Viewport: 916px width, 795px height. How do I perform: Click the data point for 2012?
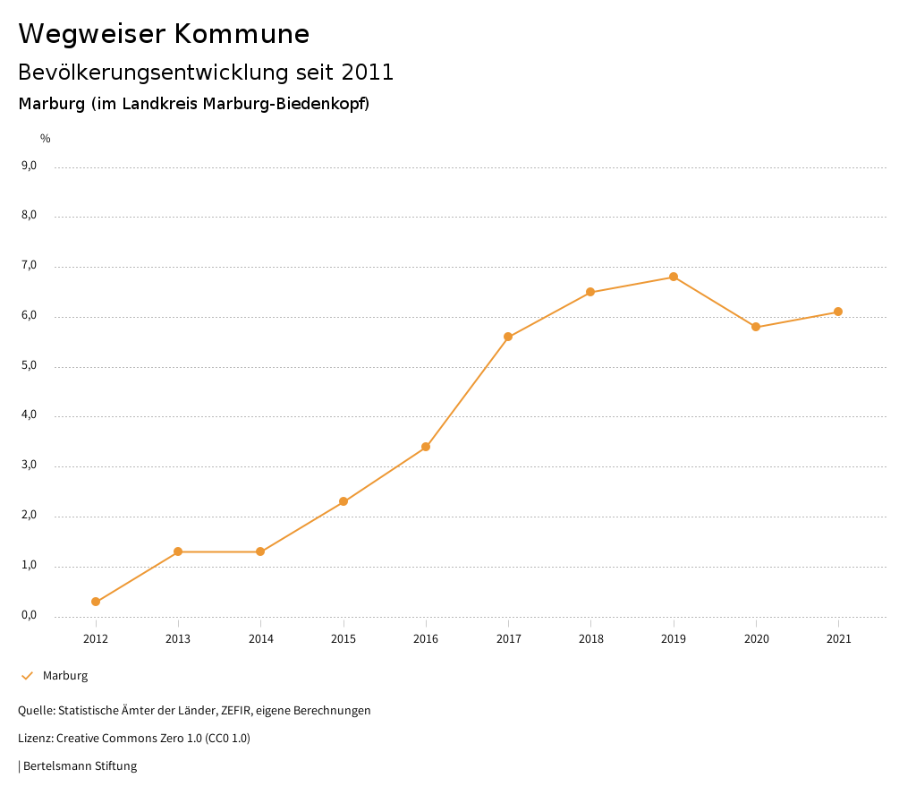pyautogui.click(x=96, y=602)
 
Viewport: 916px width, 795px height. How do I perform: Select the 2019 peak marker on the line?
pyautogui.click(x=674, y=277)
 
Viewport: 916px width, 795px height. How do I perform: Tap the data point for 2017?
pyautogui.click(x=508, y=337)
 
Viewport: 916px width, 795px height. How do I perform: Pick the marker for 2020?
pyautogui.click(x=756, y=327)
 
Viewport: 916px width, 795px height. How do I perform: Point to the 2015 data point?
pyautogui.click(x=343, y=501)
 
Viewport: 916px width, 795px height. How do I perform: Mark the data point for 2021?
pyautogui.click(x=838, y=312)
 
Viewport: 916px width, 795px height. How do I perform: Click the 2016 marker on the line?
pyautogui.click(x=426, y=447)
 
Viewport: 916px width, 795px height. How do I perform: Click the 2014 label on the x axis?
pyautogui.click(x=261, y=639)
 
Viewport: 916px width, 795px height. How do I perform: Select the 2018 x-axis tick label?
pyautogui.click(x=591, y=639)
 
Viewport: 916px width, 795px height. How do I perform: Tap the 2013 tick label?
pyautogui.click(x=178, y=639)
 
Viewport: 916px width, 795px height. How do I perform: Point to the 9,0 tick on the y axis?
pyautogui.click(x=29, y=166)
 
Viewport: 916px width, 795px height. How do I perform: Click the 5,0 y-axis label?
pyautogui.click(x=29, y=365)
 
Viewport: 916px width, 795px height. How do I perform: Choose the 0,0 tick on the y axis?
pyautogui.click(x=29, y=615)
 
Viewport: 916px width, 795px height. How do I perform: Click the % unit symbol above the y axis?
pyautogui.click(x=46, y=139)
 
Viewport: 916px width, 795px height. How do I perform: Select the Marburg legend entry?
pyautogui.click(x=65, y=676)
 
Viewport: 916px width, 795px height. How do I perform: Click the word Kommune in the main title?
pyautogui.click(x=242, y=34)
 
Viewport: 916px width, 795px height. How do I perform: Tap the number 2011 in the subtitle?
pyautogui.click(x=367, y=73)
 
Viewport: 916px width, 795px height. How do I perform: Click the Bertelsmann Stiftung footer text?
pyautogui.click(x=80, y=766)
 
